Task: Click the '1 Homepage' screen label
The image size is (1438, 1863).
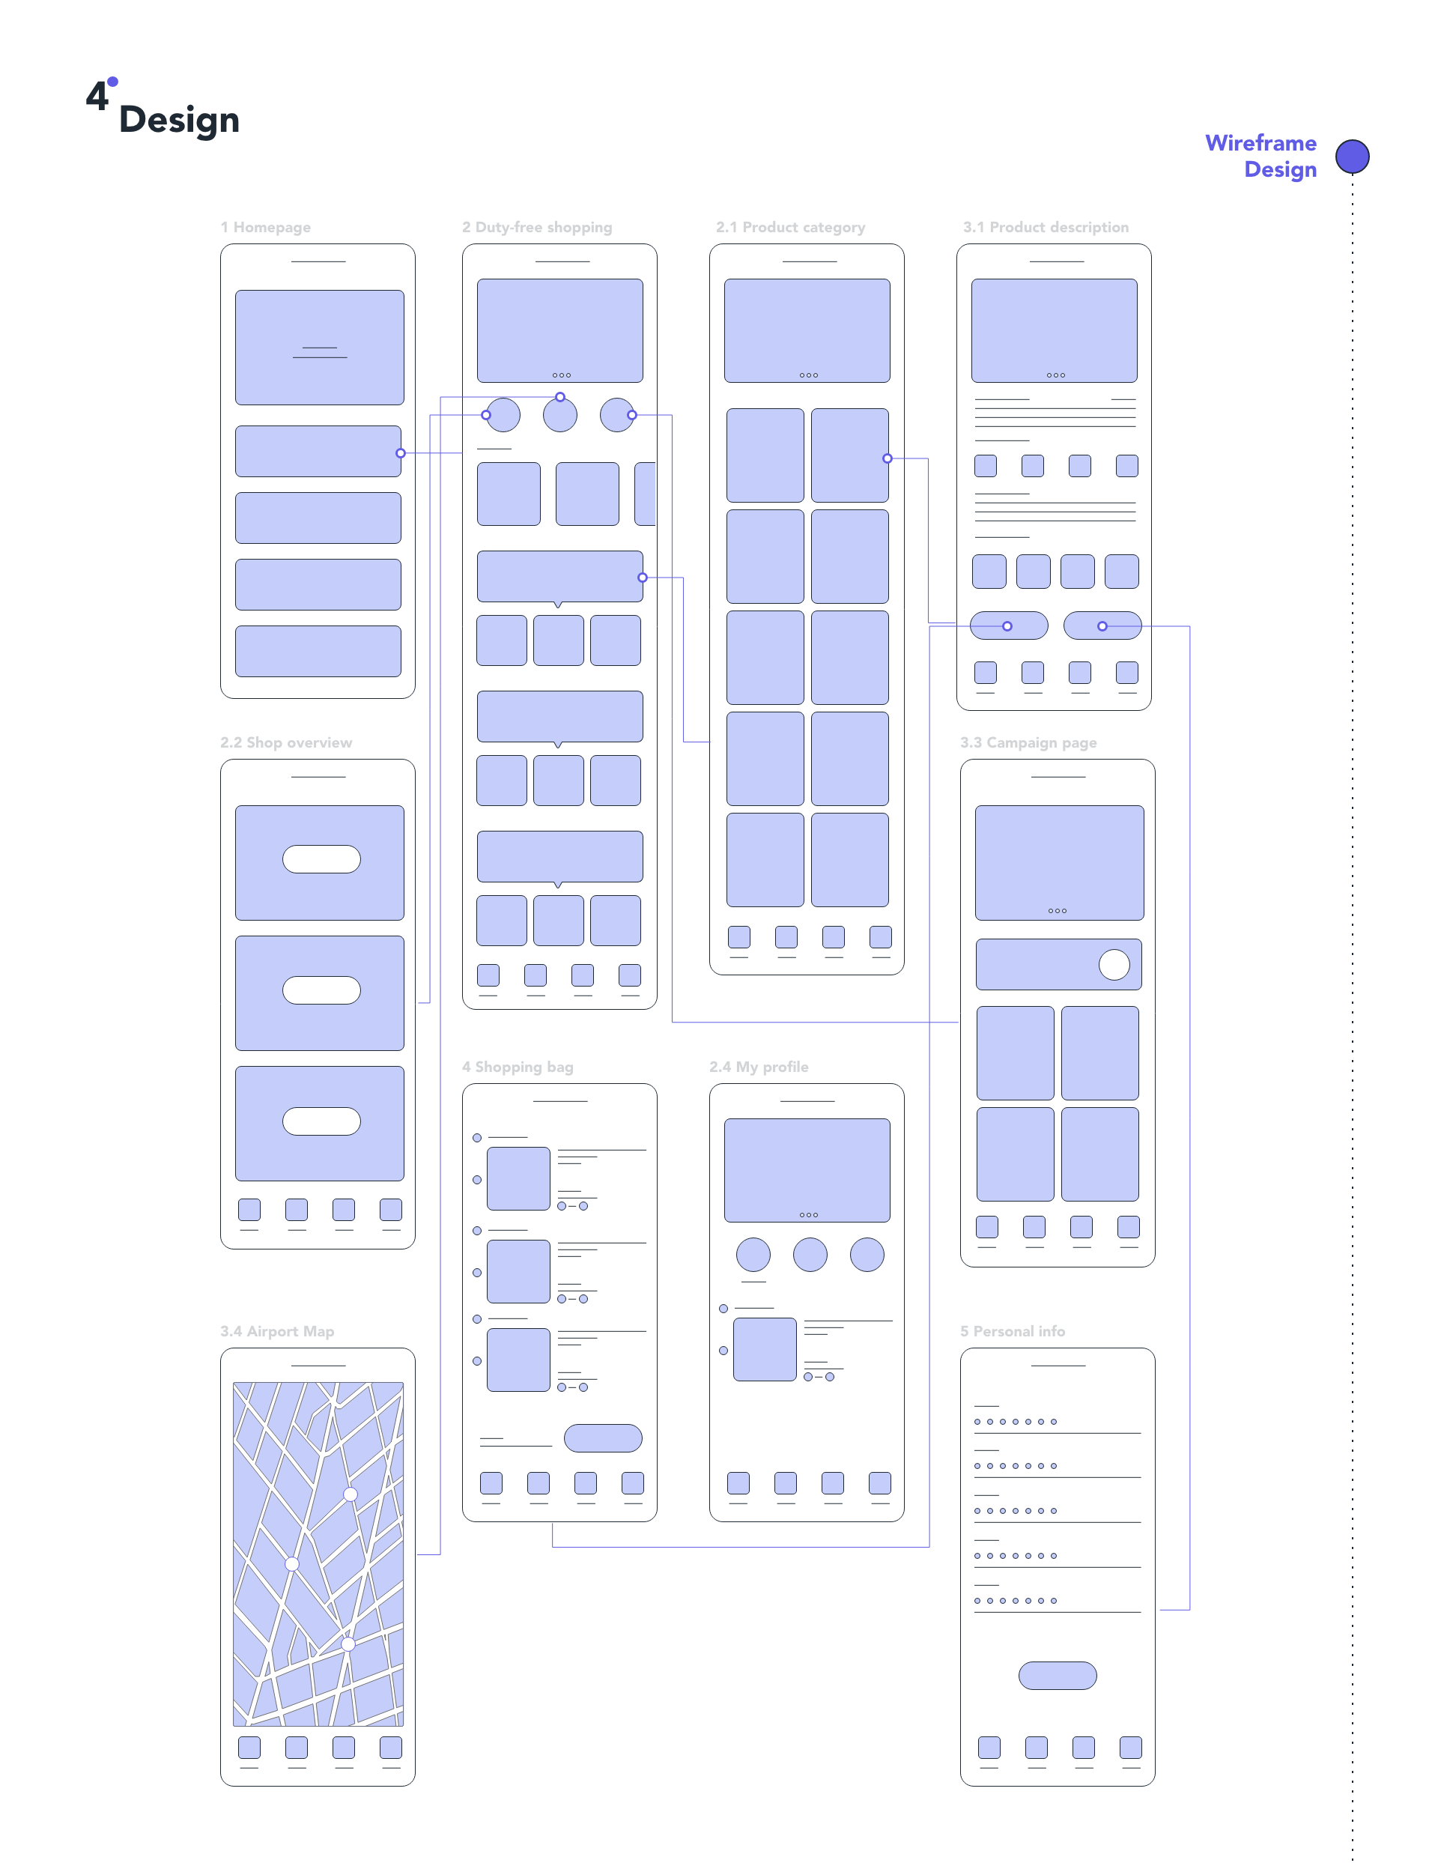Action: coord(265,227)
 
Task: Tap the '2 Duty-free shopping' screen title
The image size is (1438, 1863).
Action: coord(536,227)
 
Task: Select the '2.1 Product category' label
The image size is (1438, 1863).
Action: coord(790,227)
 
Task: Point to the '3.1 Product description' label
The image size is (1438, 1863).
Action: coord(1045,227)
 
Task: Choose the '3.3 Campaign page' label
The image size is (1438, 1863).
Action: coord(1028,742)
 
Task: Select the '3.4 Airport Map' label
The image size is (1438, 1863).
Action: coord(276,1330)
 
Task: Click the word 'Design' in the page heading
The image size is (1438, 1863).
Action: coord(178,119)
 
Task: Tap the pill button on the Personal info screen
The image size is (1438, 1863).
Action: coord(1057,1675)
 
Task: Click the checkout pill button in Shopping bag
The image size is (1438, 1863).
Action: coord(602,1438)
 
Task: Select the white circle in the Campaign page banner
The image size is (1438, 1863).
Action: coord(1113,965)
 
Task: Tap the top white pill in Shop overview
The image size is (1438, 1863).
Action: coord(321,859)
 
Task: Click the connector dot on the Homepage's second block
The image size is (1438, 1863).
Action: coord(400,453)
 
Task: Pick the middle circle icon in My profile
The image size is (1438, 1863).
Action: coord(810,1254)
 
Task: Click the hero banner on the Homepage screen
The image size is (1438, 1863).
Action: coord(319,347)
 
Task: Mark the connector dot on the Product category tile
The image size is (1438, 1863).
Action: coord(887,458)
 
